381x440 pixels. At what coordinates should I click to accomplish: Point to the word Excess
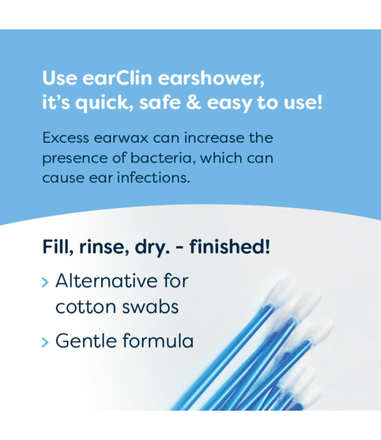pos(66,138)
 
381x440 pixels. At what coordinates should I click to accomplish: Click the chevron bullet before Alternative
pos(46,282)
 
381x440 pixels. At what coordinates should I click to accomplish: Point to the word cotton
pos(83,307)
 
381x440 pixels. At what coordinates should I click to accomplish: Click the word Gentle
pos(85,341)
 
